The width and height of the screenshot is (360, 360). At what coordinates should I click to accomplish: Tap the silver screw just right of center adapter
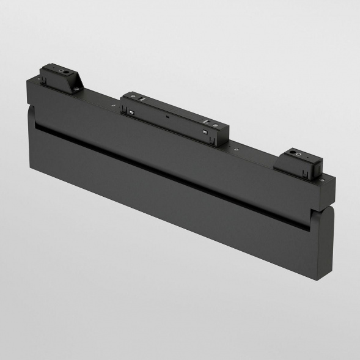pos(235,149)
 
